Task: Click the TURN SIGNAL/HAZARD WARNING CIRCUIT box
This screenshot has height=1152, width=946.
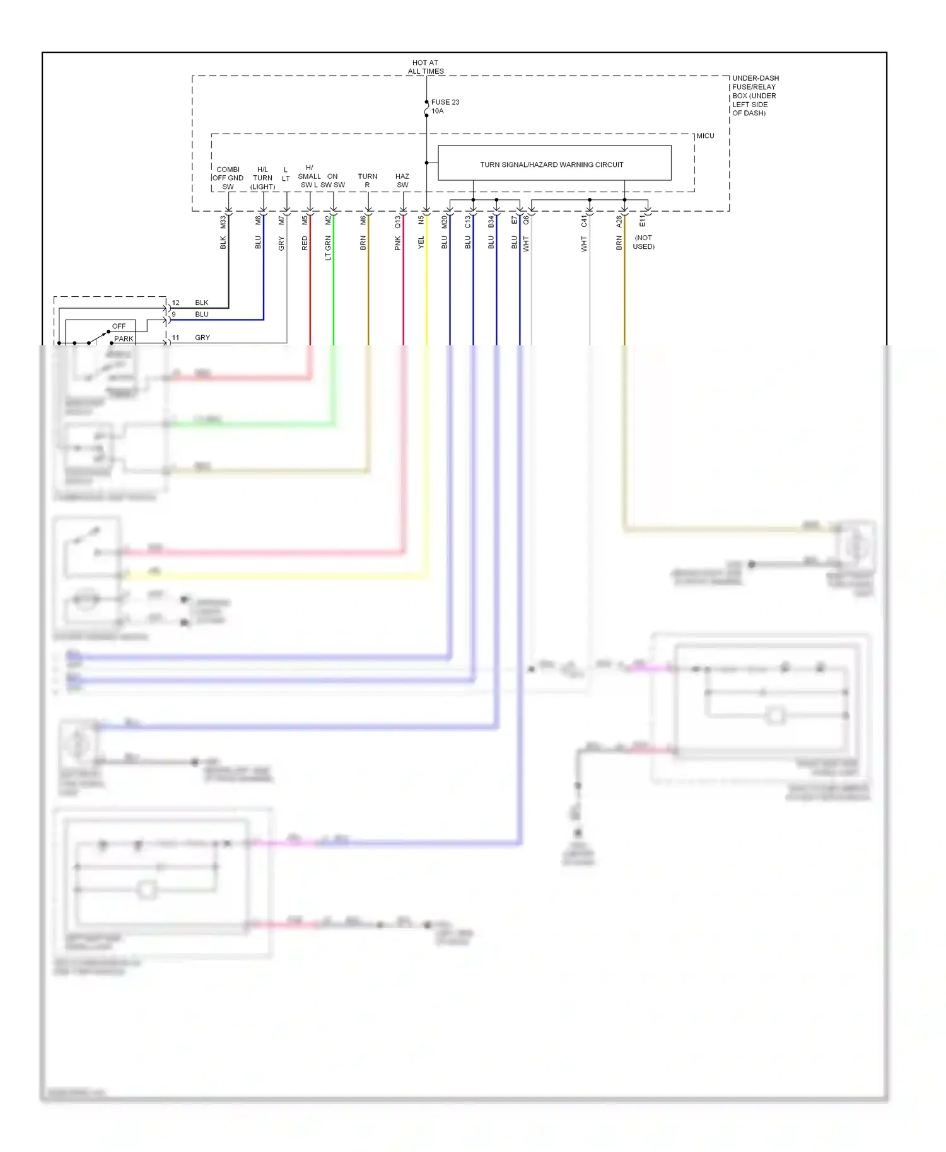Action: point(554,164)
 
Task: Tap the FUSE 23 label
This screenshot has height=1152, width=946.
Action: point(445,102)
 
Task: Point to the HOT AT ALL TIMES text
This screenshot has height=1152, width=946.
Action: point(426,67)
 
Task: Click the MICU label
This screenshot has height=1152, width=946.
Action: point(705,136)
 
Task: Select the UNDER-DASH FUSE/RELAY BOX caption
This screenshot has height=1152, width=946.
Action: point(754,96)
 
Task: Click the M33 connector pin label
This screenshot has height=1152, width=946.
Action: point(223,222)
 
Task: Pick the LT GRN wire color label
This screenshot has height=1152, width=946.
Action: point(328,248)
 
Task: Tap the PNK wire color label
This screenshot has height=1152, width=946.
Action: point(397,243)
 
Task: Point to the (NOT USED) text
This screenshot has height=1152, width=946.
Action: point(643,242)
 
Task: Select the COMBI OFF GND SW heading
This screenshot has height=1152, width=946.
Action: point(228,178)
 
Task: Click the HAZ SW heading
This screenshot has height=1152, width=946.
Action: point(402,180)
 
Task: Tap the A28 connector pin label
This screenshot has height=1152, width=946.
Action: point(619,222)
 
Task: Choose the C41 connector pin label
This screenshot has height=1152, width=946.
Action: point(583,221)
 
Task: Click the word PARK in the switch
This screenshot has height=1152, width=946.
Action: point(124,339)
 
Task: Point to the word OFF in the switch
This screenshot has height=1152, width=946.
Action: point(119,326)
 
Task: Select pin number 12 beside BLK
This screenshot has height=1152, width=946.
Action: point(175,302)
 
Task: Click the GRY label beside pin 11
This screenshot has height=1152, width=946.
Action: point(202,338)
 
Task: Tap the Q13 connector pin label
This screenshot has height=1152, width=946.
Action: point(397,222)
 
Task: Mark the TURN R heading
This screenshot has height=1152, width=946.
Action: point(367,180)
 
